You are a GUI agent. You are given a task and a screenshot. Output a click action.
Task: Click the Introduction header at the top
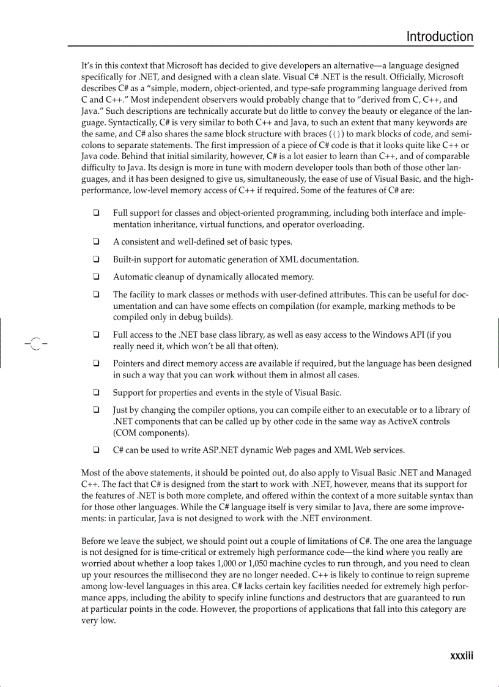pos(440,37)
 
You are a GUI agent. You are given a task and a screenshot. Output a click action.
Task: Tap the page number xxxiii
pos(461,656)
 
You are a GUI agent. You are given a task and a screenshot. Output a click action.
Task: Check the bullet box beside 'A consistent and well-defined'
pos(97,242)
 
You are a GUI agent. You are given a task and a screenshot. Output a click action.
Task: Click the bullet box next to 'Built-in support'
pos(97,259)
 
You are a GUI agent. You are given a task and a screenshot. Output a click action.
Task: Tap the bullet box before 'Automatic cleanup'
pos(97,277)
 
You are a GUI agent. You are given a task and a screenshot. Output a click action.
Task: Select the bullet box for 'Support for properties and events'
pos(97,392)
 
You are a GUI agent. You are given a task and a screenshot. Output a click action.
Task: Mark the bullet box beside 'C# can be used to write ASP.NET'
pos(97,450)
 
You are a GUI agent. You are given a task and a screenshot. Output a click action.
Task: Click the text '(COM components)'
pos(151,433)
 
